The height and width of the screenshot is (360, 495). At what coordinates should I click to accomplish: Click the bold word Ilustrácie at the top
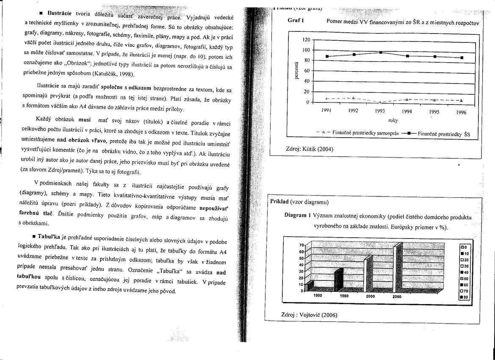point(59,14)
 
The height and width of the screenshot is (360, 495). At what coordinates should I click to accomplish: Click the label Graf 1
point(296,20)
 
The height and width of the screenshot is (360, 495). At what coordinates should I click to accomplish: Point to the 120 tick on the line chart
point(307,40)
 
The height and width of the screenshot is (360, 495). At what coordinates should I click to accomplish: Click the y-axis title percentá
point(296,70)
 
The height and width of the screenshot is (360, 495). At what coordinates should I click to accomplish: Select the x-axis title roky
point(393,120)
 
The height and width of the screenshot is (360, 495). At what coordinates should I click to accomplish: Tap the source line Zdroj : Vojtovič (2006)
point(309,315)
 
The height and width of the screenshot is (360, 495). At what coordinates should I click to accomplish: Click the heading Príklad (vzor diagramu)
point(299,202)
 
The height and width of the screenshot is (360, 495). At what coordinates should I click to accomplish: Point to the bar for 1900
point(310,286)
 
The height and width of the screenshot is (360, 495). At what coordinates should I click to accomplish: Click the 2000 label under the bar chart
point(371,296)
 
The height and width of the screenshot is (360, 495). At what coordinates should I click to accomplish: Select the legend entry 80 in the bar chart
point(465,297)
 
